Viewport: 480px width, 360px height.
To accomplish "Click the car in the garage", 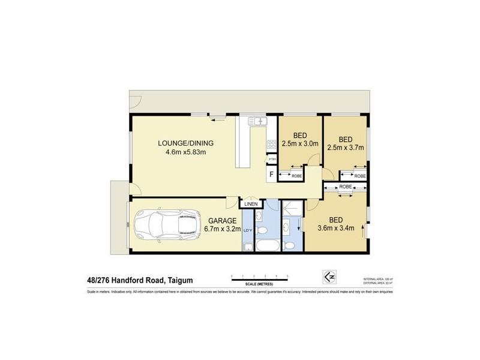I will click(x=165, y=227).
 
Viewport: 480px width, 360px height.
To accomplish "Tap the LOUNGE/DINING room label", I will click(x=185, y=148).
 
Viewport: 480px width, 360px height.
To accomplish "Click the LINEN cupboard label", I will click(x=251, y=205).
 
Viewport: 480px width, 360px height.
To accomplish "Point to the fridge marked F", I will click(x=272, y=175).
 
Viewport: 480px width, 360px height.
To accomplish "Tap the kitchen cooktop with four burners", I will click(x=271, y=145).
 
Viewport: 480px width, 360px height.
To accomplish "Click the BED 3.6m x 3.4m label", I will click(x=337, y=223).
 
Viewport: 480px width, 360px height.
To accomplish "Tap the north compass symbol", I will click(x=327, y=277).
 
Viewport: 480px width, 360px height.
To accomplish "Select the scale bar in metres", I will click(x=260, y=279).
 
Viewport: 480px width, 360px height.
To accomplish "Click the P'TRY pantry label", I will click(x=272, y=159).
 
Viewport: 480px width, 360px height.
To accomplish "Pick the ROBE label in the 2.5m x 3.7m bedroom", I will click(x=359, y=176).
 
